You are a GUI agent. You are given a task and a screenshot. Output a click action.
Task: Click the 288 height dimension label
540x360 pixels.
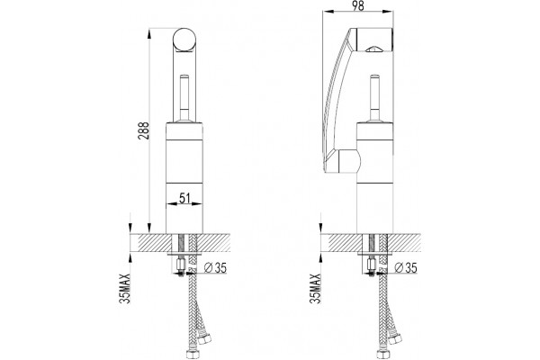click(x=144, y=130)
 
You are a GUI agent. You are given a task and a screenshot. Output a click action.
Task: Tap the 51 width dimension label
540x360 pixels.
click(x=184, y=198)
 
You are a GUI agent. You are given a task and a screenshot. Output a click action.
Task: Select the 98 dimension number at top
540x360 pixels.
click(x=358, y=5)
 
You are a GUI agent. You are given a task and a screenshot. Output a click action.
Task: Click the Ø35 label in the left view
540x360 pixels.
click(x=216, y=267)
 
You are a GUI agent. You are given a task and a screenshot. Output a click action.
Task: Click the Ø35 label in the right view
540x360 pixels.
click(x=406, y=267)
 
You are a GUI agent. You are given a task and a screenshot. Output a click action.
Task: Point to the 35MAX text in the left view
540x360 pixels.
click(x=125, y=288)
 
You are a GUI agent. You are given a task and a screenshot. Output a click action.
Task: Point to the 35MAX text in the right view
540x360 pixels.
click(x=316, y=288)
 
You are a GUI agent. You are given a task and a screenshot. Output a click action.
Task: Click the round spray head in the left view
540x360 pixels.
click(x=184, y=40)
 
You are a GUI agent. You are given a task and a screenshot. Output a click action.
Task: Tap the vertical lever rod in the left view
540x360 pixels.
click(x=184, y=97)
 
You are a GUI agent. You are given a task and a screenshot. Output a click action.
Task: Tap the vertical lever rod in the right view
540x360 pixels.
click(x=374, y=97)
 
